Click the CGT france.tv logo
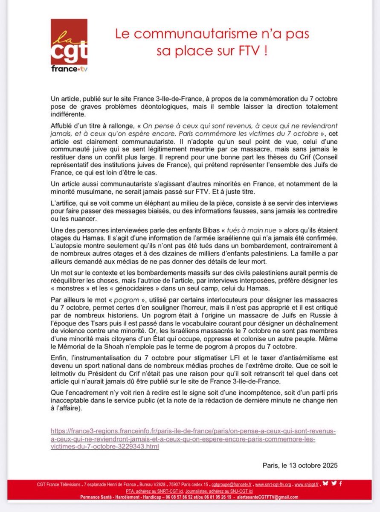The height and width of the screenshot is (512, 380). (x=69, y=45)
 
